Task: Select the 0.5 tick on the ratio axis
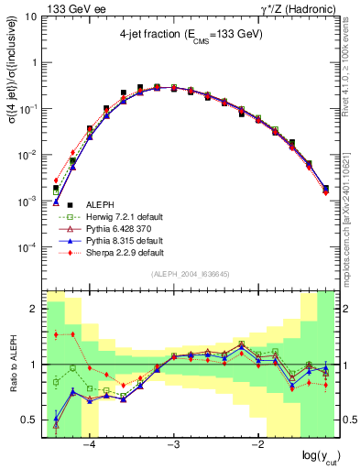(x=31, y=420)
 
